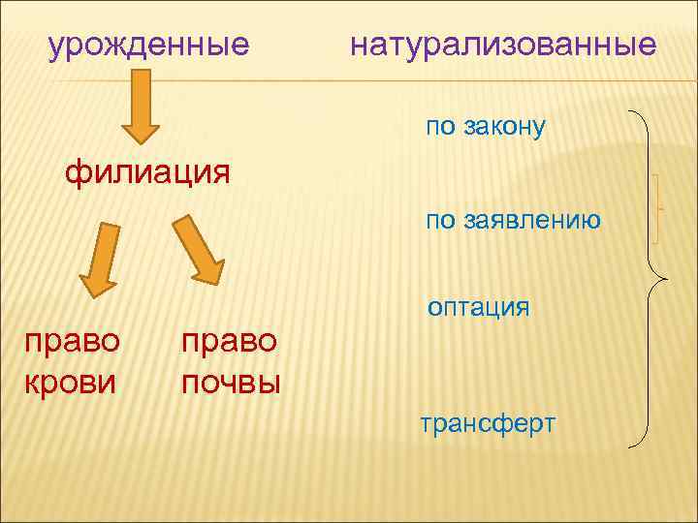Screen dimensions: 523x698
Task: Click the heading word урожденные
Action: coord(149,45)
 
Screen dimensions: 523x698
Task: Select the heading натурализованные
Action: coord(503,45)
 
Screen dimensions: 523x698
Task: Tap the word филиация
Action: coord(147,174)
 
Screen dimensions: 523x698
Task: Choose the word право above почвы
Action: coord(230,341)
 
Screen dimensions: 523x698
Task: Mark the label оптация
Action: coord(479,307)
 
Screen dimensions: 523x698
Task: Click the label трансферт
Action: coord(488,423)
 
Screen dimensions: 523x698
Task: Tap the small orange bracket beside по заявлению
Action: coord(658,208)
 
